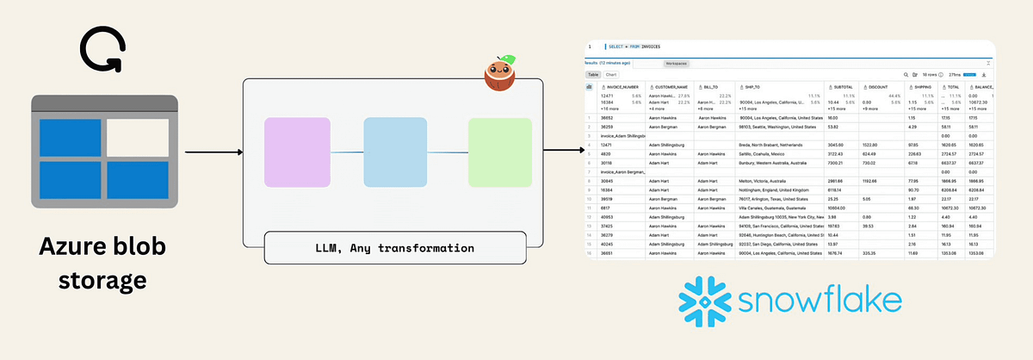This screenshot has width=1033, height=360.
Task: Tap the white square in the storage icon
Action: coord(138,138)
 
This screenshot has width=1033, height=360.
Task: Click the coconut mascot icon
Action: coord(500,75)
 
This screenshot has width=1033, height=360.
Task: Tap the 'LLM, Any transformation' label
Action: coord(395,248)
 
